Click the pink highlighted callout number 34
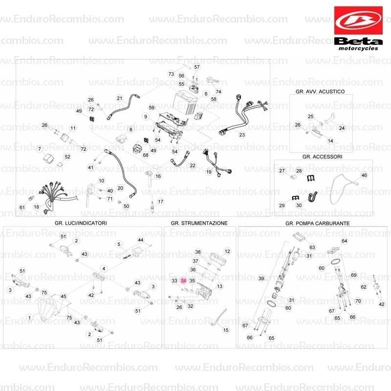tap(183, 281)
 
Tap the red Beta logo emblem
tap(358, 21)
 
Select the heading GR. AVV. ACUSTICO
tap(320, 91)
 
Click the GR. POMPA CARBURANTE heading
tap(317, 223)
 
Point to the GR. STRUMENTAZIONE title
tap(199, 223)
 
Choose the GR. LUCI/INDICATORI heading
tap(81, 223)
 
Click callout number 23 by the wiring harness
tap(242, 135)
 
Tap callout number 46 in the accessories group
tap(364, 175)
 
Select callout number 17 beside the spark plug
tap(160, 202)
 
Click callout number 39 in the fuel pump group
tap(261, 278)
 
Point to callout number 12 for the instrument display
tap(227, 251)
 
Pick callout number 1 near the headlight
tap(29, 318)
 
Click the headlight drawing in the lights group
tap(48, 309)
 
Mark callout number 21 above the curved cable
tap(120, 98)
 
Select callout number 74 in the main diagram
tap(218, 92)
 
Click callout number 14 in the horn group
tap(330, 141)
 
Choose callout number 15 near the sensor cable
tap(226, 330)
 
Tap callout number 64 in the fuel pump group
tap(344, 241)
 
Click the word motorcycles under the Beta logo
tap(358, 48)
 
